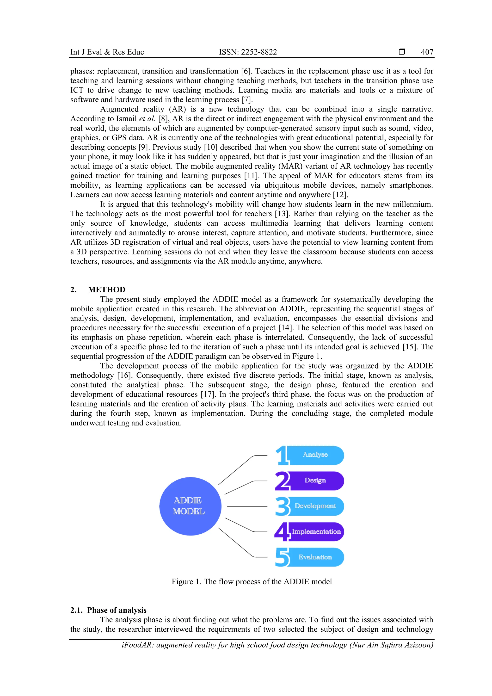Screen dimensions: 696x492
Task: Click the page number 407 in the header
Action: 427,52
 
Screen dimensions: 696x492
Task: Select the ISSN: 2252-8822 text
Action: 248,52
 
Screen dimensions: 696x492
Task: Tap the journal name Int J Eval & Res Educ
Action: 107,52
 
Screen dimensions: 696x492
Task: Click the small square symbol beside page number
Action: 402,52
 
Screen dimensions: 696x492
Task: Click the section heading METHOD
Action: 107,289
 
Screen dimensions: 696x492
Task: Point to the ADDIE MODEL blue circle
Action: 190,506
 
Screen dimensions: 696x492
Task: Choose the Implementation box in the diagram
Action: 316,532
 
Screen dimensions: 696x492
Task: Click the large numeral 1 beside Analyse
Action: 282,455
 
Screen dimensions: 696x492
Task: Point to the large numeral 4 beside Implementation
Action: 282,532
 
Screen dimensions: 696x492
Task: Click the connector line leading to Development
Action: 247,506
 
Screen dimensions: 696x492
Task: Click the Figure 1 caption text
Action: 252,582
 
